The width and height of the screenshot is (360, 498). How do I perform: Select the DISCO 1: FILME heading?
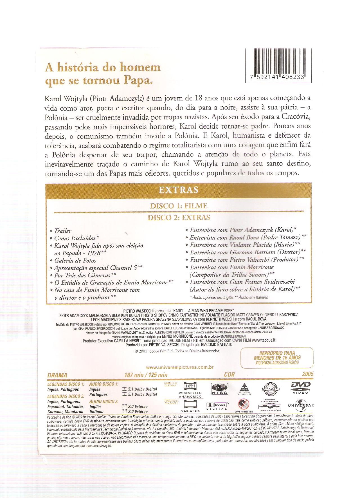click(x=179, y=206)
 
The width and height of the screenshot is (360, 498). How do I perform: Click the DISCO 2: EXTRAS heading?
click(x=179, y=217)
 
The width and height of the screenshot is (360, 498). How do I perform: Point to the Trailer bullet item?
click(x=63, y=231)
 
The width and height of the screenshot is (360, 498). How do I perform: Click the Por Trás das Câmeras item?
click(x=85, y=275)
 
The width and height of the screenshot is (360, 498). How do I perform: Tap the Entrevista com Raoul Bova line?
click(x=248, y=237)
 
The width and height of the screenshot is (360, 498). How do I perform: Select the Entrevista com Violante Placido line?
click(x=245, y=245)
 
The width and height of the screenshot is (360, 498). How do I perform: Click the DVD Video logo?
click(x=300, y=387)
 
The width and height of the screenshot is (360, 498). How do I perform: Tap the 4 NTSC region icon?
click(x=219, y=388)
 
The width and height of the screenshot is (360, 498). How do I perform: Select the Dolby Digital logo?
click(x=217, y=405)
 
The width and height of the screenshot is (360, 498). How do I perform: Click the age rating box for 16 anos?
click(x=277, y=358)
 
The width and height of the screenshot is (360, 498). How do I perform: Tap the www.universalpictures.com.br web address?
click(x=180, y=367)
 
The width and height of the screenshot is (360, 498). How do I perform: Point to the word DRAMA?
click(x=57, y=375)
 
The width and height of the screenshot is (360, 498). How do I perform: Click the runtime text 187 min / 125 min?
click(x=146, y=375)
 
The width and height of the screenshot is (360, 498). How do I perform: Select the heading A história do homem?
click(x=103, y=68)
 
